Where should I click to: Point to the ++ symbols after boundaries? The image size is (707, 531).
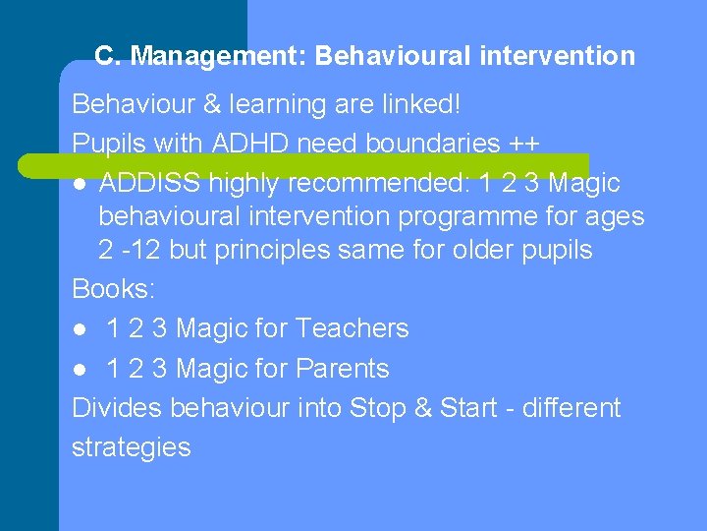click(x=524, y=144)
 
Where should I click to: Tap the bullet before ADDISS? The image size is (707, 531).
click(x=80, y=184)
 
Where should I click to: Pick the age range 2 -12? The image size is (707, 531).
click(x=130, y=250)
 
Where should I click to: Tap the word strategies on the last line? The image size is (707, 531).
click(x=131, y=447)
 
